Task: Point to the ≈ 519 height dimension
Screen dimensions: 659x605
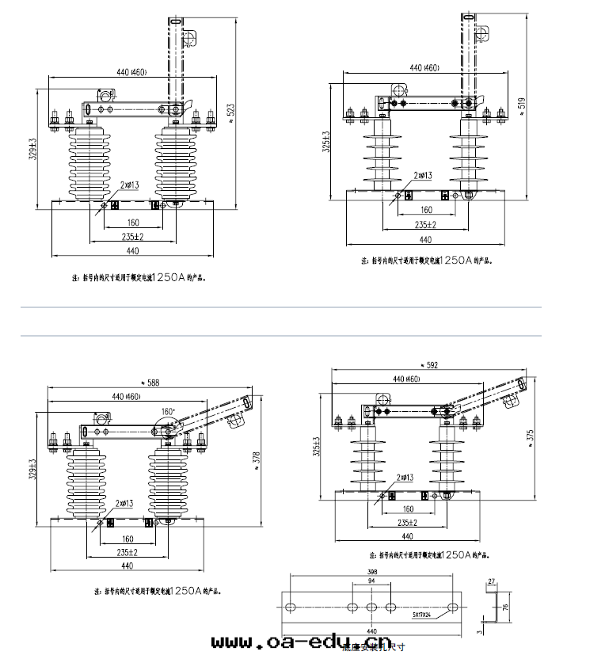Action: [519, 105]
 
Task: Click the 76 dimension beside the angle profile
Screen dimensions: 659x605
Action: [504, 607]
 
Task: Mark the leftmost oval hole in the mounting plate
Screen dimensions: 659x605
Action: [291, 606]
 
